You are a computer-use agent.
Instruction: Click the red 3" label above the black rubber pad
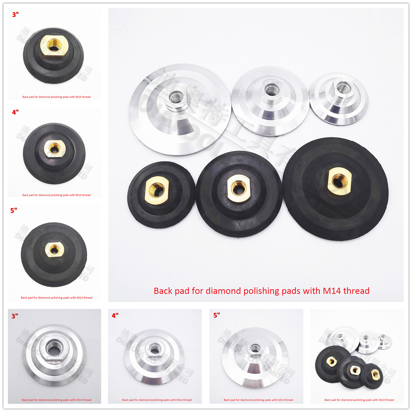15,15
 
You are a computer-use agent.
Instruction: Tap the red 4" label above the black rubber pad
15,112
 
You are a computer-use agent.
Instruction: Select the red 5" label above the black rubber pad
14,210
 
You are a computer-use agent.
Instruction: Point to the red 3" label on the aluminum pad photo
15,316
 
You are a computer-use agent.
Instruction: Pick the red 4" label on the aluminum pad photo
115,315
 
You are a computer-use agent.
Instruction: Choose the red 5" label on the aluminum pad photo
217,315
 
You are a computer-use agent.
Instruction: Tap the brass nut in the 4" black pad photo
54,148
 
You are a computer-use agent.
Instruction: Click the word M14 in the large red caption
332,291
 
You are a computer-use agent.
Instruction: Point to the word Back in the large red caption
163,291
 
